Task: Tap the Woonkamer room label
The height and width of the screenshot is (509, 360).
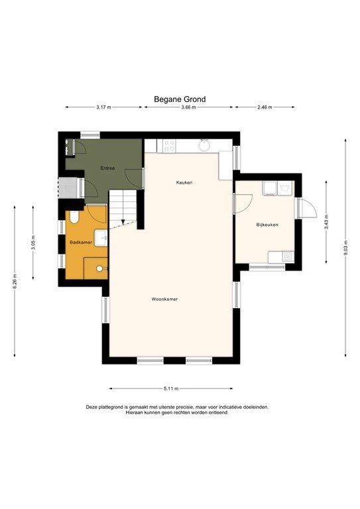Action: [x=164, y=299]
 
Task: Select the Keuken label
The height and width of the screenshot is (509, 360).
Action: [x=184, y=182]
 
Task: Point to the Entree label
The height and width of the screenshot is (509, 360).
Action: [x=107, y=168]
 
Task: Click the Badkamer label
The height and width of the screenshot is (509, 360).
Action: [x=80, y=243]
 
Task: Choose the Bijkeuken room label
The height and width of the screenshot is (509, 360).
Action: [x=267, y=225]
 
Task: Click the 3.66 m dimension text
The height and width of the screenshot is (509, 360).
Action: [x=188, y=107]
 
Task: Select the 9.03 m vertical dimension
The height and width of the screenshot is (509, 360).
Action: [x=345, y=247]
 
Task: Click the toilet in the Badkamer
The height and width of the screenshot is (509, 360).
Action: [x=74, y=217]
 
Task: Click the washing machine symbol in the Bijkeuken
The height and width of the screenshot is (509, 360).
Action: [x=270, y=188]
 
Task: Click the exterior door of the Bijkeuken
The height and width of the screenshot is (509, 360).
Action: [x=306, y=208]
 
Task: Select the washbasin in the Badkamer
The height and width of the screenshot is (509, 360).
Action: [x=101, y=236]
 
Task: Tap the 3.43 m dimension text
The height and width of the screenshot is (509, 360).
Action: [x=326, y=225]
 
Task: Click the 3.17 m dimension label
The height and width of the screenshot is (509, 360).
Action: [x=103, y=107]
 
